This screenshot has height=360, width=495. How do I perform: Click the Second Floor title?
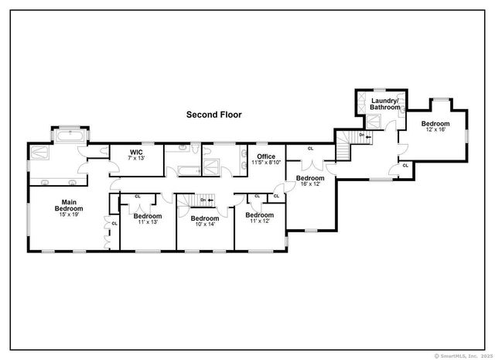[x=213, y=115]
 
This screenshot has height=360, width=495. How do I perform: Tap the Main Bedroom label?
[x=69, y=205]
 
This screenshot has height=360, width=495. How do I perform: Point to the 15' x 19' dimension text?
[x=69, y=215]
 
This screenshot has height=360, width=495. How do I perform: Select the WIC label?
[x=136, y=152]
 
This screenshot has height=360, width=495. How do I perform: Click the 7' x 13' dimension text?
[x=136, y=158]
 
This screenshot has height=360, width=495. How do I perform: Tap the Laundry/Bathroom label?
[x=384, y=104]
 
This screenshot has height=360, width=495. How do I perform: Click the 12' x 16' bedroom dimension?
[x=435, y=130]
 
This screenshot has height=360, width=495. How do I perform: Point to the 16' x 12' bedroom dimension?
[x=309, y=183]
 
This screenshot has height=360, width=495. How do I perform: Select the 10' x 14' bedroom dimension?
[x=205, y=225]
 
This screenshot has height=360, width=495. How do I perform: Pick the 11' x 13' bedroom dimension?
[x=147, y=222]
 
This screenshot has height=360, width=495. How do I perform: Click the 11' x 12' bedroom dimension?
[x=260, y=221]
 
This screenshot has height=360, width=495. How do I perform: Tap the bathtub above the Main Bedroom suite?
[x=70, y=135]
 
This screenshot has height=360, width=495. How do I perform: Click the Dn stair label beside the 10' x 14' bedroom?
[x=204, y=201]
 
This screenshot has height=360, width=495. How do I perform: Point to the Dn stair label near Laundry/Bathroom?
[x=360, y=136]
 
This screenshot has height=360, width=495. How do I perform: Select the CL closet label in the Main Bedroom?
[x=114, y=224]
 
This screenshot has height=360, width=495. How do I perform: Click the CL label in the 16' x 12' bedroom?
[x=311, y=149]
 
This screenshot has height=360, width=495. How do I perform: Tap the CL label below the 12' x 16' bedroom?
[x=405, y=165]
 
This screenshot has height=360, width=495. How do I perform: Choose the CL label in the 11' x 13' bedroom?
[x=138, y=196]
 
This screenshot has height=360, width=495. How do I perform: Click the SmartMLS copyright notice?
[x=462, y=355]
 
